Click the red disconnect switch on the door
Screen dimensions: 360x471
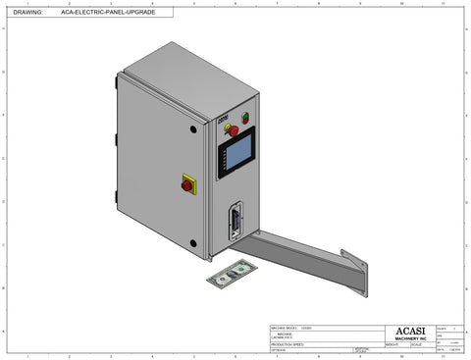[186, 182]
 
